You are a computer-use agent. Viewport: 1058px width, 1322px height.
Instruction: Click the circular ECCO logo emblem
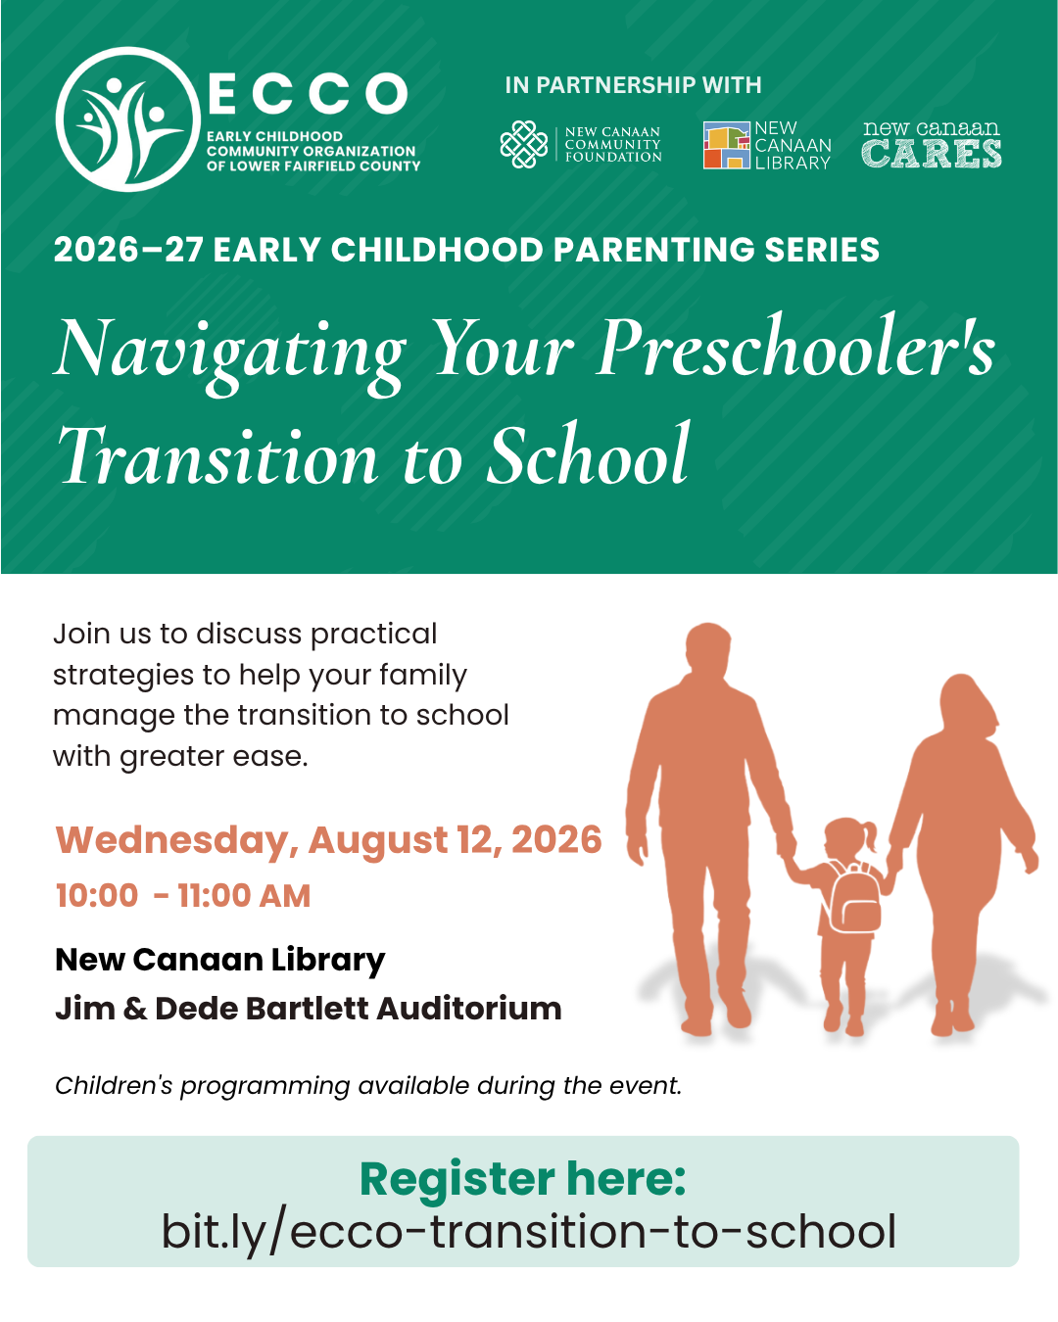tap(128, 119)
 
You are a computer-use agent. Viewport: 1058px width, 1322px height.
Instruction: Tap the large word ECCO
tap(308, 93)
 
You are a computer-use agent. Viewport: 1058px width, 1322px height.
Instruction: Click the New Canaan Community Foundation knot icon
tap(524, 144)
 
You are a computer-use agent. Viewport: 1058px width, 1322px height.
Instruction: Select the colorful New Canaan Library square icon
tap(727, 145)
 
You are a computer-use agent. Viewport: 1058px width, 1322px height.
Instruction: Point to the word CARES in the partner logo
tap(932, 154)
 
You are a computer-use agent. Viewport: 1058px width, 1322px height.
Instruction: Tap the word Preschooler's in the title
tap(795, 346)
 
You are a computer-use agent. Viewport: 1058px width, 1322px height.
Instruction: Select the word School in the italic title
tap(589, 455)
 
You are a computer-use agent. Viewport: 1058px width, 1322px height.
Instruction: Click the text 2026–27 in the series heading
tap(128, 250)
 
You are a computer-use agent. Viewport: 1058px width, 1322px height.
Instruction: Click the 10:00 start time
tap(97, 895)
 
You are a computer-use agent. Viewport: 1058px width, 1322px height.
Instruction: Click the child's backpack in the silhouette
tap(853, 898)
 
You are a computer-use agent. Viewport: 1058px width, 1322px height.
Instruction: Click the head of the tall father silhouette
tap(708, 648)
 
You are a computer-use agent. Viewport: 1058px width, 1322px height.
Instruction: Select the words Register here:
tap(522, 1179)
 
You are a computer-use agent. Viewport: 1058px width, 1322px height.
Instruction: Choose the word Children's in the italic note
tap(114, 1085)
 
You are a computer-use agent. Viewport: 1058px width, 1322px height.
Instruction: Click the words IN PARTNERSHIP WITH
tap(633, 85)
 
